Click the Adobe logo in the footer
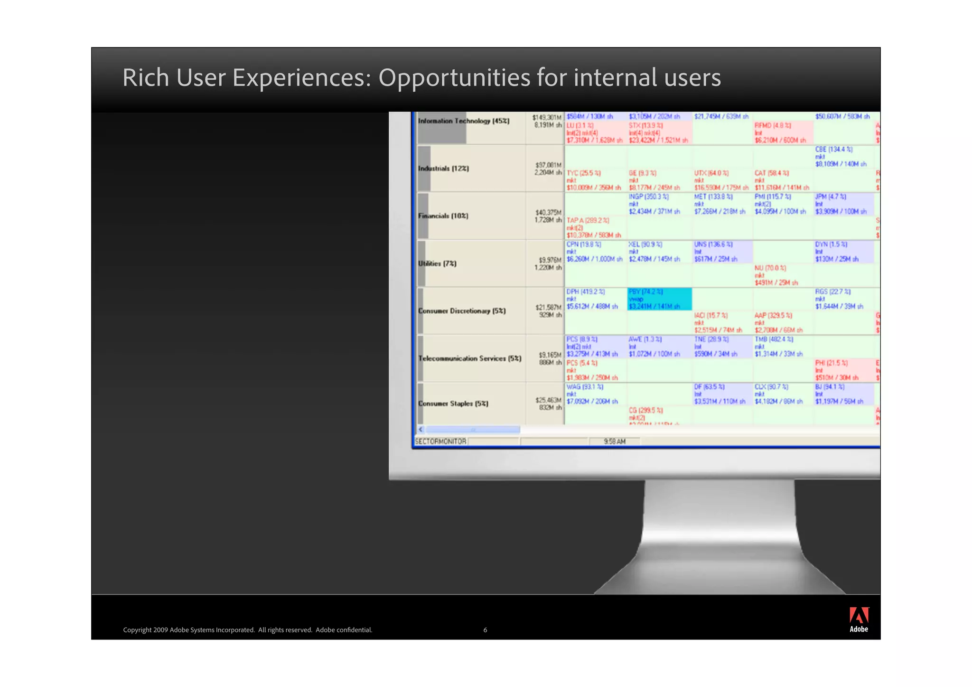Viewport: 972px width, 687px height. point(859,619)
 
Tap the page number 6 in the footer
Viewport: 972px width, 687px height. point(485,630)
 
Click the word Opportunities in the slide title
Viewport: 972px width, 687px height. point(454,77)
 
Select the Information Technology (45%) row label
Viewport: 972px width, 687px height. point(463,121)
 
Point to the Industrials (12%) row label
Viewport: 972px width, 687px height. point(443,169)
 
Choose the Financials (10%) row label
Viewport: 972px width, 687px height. point(443,216)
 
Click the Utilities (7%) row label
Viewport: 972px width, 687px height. point(437,264)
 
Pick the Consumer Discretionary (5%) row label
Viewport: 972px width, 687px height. point(462,311)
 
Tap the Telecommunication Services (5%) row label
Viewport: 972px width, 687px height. point(469,358)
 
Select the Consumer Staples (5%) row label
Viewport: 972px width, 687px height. point(453,404)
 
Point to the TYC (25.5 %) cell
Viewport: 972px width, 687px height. point(594,180)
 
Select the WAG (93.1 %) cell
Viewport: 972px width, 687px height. point(594,394)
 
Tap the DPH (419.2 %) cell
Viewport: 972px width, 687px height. point(594,299)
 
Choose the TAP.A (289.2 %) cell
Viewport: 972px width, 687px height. point(594,228)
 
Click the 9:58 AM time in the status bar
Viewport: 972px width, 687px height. point(615,442)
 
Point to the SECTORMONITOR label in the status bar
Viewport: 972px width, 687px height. point(440,442)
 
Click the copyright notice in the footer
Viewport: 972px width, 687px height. point(247,630)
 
